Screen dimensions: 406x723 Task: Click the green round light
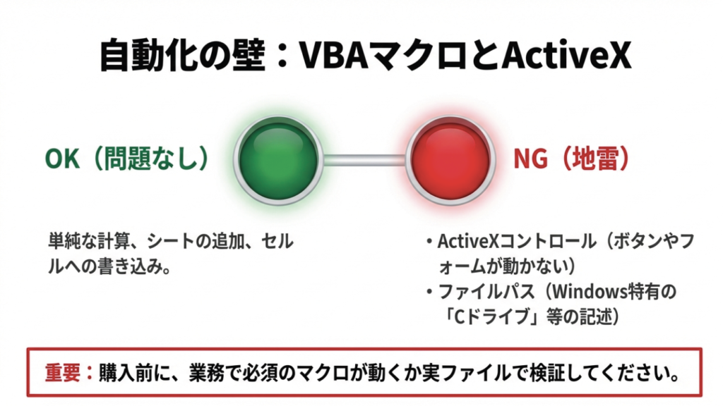[x=277, y=159]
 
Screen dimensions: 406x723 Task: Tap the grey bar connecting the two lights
[x=364, y=160]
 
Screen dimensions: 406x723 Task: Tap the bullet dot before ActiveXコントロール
[x=429, y=243]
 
